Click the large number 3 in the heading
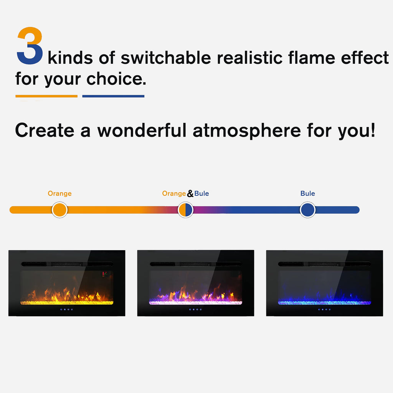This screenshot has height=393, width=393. click(x=30, y=46)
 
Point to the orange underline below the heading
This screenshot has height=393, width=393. click(x=46, y=96)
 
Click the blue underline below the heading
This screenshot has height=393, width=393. click(x=113, y=96)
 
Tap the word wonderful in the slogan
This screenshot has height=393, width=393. click(x=142, y=130)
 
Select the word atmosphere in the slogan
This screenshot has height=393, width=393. click(x=246, y=130)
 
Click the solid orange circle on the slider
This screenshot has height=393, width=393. click(x=59, y=210)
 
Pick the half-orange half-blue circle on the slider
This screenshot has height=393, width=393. click(x=185, y=210)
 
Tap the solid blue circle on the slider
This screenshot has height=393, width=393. click(x=307, y=210)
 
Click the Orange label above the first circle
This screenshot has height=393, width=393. click(x=59, y=193)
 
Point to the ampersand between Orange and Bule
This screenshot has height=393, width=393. click(x=190, y=194)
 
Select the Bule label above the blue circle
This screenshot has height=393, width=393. click(x=307, y=193)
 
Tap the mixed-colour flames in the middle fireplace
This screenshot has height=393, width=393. click(x=196, y=295)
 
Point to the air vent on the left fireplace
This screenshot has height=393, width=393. click(x=67, y=264)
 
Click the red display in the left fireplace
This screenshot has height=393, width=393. click(x=104, y=274)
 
